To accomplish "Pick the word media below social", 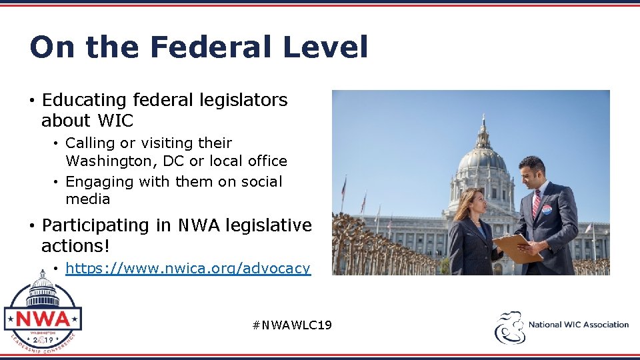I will click(x=87, y=199).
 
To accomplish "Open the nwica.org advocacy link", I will click(x=187, y=269).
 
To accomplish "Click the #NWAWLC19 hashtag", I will click(x=292, y=325).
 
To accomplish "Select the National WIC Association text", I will click(x=579, y=325).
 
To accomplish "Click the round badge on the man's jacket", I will click(x=546, y=210).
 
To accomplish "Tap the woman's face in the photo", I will click(x=479, y=201).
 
